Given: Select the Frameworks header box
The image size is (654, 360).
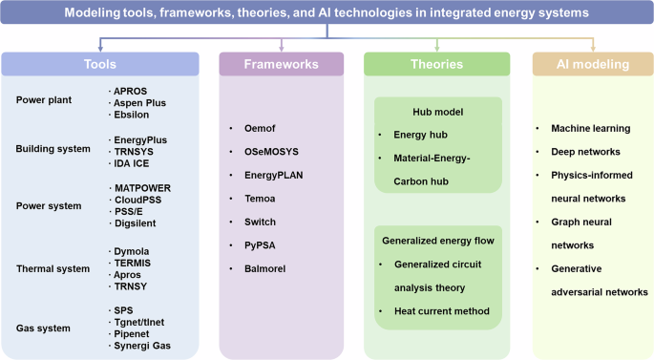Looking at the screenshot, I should click(x=281, y=63).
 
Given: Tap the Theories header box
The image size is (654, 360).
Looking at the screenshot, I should click(x=437, y=63).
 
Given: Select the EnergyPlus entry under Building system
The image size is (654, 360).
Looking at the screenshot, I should click(x=141, y=140).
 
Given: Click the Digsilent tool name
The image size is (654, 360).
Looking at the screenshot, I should click(x=137, y=223).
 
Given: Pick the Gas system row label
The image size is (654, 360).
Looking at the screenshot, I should click(x=44, y=328).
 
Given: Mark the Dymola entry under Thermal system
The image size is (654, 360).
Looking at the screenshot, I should click(x=134, y=251).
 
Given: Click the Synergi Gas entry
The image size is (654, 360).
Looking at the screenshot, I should click(x=143, y=345).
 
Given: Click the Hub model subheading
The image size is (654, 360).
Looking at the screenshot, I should click(x=437, y=112).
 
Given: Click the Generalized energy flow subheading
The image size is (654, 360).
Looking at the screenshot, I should click(x=436, y=240).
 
